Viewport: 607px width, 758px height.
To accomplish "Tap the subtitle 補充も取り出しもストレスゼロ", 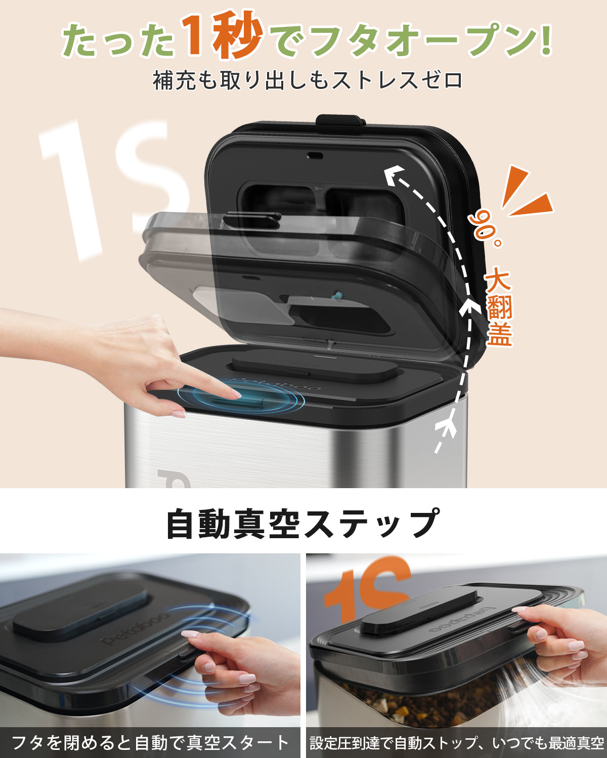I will click(308, 80).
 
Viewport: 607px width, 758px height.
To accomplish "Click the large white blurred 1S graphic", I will click(111, 187).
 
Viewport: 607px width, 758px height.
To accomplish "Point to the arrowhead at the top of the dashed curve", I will click(392, 176).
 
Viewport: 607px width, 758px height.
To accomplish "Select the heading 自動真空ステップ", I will click(302, 524).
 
